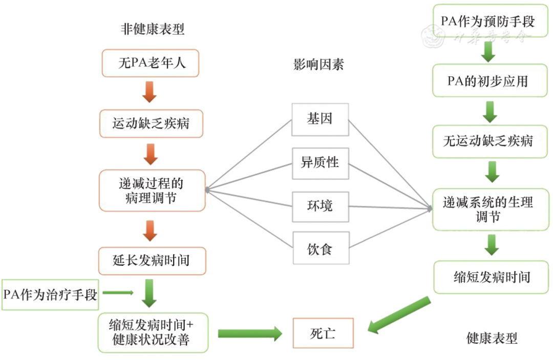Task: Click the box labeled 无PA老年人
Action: tap(150, 63)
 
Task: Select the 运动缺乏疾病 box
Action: tap(151, 123)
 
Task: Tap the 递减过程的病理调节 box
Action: tap(152, 190)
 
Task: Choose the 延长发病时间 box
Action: tap(152, 261)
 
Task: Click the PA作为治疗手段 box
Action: tap(50, 295)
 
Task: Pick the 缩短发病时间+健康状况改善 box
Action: tap(153, 333)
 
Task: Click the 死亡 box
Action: tap(323, 333)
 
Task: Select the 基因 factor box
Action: tap(320, 119)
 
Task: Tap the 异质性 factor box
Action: tap(320, 163)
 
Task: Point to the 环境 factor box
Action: tap(320, 206)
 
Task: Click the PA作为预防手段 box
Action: tap(487, 22)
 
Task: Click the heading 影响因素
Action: tap(318, 65)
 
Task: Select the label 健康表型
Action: tap(492, 338)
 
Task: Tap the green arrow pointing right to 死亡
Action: tap(249, 333)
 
